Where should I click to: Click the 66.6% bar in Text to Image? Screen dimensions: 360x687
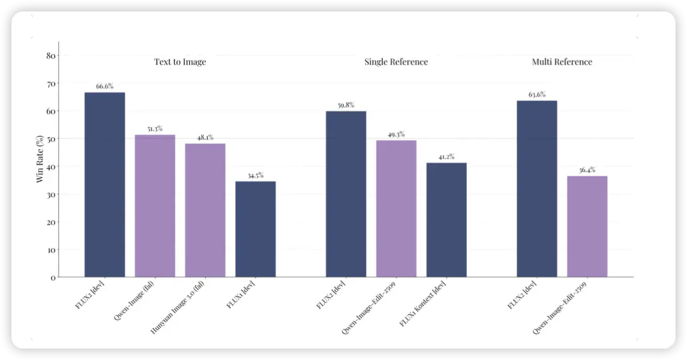pyautogui.click(x=105, y=184)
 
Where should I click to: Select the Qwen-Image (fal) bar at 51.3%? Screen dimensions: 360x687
pyautogui.click(x=155, y=206)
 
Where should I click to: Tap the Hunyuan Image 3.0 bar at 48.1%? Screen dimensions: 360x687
pyautogui.click(x=205, y=210)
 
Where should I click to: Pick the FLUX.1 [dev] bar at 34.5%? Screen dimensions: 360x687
pyautogui.click(x=255, y=229)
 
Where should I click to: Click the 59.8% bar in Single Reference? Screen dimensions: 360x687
pyautogui.click(x=346, y=194)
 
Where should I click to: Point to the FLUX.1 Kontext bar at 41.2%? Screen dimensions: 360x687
pyautogui.click(x=446, y=220)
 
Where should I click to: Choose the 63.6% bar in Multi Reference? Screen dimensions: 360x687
pyautogui.click(x=537, y=189)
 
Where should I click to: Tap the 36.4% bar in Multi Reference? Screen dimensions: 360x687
pyautogui.click(x=587, y=226)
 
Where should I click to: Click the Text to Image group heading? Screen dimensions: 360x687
pyautogui.click(x=180, y=62)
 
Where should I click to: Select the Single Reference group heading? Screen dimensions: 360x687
pyautogui.click(x=396, y=62)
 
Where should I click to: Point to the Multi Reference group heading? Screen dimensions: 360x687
pyautogui.click(x=562, y=62)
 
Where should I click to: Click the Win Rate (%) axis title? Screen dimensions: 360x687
pyautogui.click(x=40, y=159)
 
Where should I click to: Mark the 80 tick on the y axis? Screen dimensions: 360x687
pyautogui.click(x=51, y=56)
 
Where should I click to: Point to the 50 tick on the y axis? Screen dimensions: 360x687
pyautogui.click(x=51, y=139)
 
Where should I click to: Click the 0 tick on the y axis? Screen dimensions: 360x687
pyautogui.click(x=53, y=277)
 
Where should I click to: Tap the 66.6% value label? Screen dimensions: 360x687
pyautogui.click(x=105, y=86)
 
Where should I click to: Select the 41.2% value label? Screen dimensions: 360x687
pyautogui.click(x=446, y=156)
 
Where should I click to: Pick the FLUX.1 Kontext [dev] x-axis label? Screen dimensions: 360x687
pyautogui.click(x=423, y=303)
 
